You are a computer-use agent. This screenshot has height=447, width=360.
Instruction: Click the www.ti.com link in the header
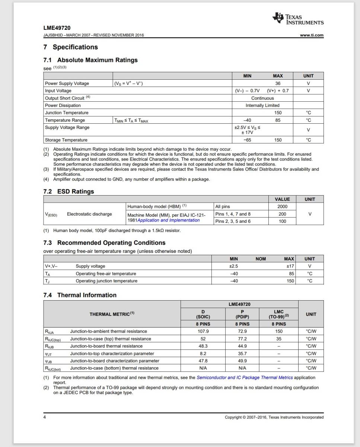click(x=312, y=35)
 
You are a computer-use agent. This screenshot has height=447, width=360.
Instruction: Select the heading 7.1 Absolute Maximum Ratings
click(x=90, y=60)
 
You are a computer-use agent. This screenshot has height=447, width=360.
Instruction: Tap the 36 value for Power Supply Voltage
click(x=278, y=83)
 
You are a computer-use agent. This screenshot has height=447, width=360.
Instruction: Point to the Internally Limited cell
click(x=262, y=105)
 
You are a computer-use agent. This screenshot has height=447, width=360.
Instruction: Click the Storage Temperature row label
click(x=66, y=140)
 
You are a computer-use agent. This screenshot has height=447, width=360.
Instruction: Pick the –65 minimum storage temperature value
click(x=247, y=140)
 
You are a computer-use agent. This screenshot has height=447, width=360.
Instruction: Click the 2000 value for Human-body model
click(x=282, y=206)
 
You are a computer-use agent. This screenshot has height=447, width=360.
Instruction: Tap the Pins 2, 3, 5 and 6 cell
click(x=233, y=221)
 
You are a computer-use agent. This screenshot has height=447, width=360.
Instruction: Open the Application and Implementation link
click(x=169, y=220)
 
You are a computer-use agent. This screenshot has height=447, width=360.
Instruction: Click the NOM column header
click(x=261, y=259)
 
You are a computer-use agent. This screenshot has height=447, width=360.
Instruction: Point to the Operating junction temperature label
click(x=106, y=281)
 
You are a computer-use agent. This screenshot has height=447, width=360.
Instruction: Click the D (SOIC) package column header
click(x=203, y=314)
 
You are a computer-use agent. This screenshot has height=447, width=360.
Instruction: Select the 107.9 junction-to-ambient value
click(x=203, y=331)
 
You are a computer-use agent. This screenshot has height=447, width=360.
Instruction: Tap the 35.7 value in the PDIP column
click(x=242, y=354)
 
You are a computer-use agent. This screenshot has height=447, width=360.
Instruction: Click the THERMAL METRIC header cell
click(x=112, y=314)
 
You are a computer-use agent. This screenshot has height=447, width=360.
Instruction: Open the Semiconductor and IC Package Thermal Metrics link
click(x=245, y=378)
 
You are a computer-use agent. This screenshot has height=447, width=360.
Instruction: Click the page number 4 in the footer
click(x=45, y=417)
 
